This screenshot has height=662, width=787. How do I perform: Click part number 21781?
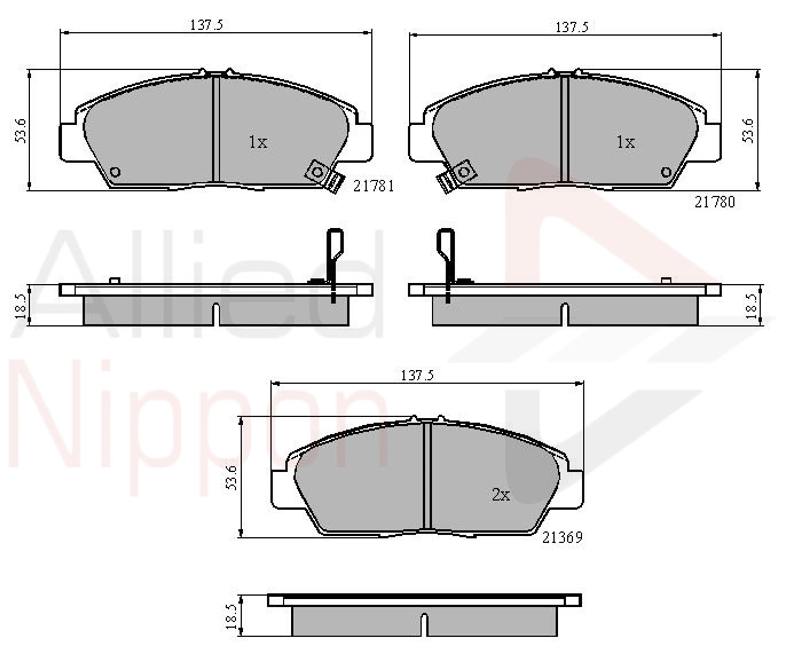[373, 186]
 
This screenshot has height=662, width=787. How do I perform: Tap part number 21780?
[715, 202]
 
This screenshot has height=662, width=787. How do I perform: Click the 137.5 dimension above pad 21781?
[206, 25]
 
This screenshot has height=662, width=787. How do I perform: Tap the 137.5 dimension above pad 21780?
[572, 27]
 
